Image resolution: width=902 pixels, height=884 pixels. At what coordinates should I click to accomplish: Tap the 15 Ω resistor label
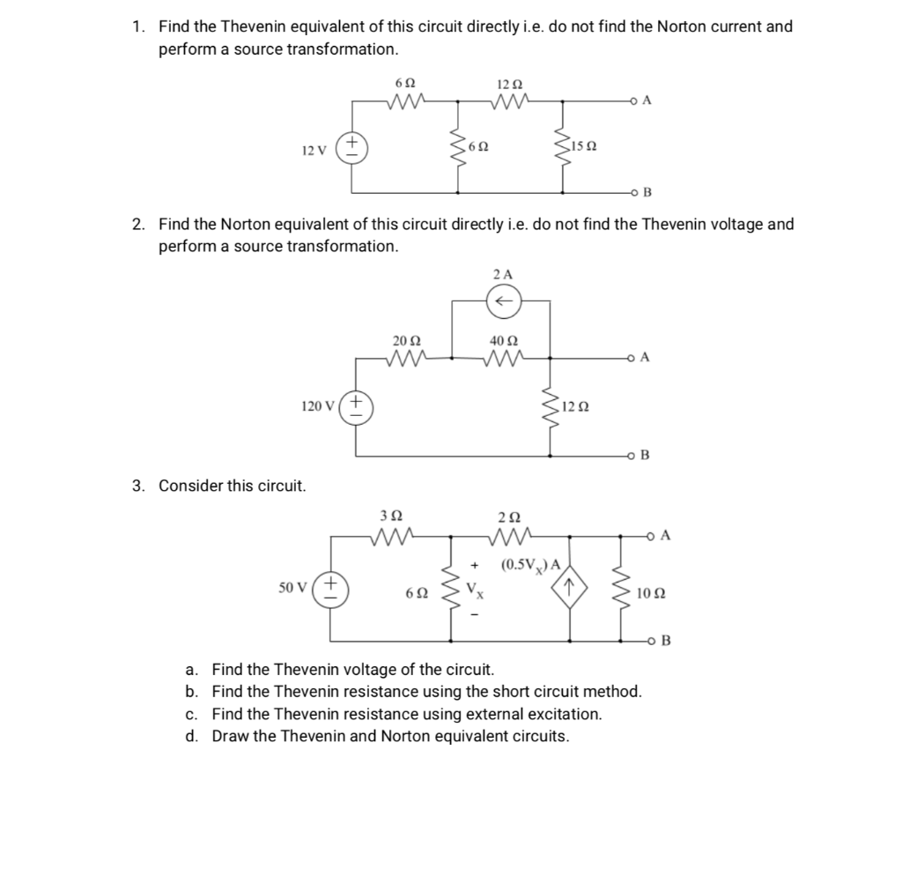click(587, 146)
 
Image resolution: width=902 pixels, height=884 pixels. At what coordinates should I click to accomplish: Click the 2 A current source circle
click(504, 301)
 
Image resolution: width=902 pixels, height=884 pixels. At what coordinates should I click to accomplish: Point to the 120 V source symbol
click(355, 407)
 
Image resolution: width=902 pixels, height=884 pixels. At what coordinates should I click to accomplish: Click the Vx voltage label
click(476, 588)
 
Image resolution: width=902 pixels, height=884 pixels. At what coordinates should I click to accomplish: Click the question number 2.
click(138, 224)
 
